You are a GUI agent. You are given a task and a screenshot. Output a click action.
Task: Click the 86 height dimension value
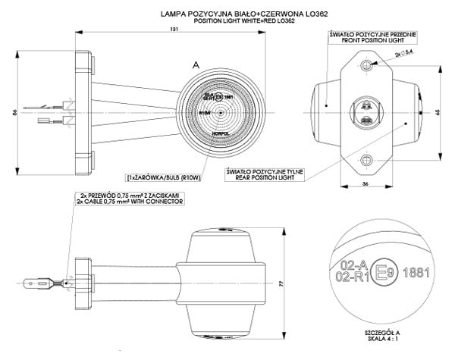(x=16, y=112)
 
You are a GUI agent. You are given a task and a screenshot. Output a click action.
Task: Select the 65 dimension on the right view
(x=438, y=111)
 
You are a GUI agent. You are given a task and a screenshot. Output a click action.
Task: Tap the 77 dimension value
(x=281, y=281)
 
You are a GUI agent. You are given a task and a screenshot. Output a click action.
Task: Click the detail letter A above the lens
(x=196, y=67)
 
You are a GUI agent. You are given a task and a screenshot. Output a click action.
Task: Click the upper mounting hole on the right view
(x=367, y=67)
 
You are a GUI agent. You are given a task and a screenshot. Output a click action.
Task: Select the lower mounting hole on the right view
(x=367, y=158)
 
